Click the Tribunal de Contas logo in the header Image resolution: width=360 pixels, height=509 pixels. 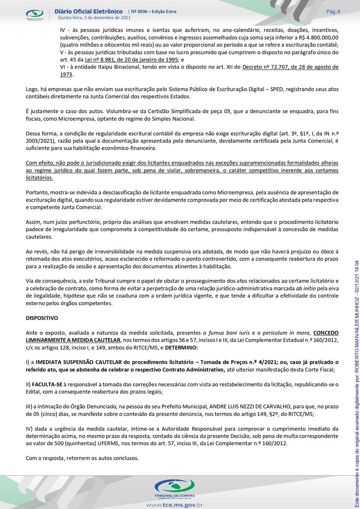[x=35, y=15]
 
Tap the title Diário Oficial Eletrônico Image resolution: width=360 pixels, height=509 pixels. [x=89, y=11]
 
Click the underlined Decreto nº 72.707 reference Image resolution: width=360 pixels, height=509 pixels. [x=290, y=67]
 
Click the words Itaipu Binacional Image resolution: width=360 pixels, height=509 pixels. [x=106, y=67]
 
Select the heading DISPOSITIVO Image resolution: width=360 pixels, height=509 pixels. [x=42, y=318]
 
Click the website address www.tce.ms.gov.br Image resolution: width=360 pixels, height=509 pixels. [x=174, y=505]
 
